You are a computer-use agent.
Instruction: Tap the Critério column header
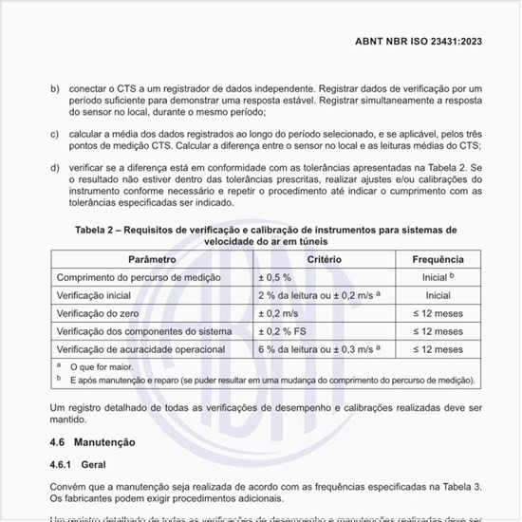coord(325,259)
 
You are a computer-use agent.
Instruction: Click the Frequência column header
coord(438,259)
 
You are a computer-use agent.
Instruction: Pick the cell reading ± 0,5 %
coord(276,277)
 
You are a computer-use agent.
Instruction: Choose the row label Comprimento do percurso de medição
coord(139,277)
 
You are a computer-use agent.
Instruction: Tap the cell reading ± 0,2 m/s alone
coord(279,313)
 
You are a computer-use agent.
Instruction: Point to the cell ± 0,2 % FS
coord(282,331)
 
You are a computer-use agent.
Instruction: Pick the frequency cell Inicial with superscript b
coord(438,277)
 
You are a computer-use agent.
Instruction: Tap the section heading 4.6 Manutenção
coord(92,442)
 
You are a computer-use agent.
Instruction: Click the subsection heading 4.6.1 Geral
coord(79,465)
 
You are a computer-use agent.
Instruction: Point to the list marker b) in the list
coord(54,88)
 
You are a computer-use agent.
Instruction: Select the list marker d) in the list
coord(54,168)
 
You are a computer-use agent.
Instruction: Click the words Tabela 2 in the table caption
coord(102,230)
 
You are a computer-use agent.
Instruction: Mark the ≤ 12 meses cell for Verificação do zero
coord(438,313)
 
